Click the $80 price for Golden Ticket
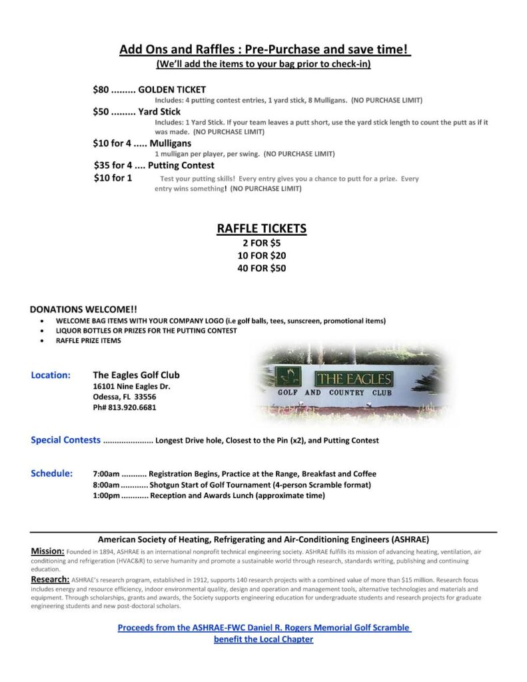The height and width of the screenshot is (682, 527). pyautogui.click(x=100, y=89)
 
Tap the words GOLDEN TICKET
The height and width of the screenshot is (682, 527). pyautogui.click(x=172, y=89)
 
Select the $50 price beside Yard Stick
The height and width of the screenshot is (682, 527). pyautogui.click(x=100, y=111)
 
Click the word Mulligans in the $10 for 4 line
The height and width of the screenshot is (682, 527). pyautogui.click(x=170, y=143)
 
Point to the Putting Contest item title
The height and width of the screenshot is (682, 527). pyautogui.click(x=181, y=165)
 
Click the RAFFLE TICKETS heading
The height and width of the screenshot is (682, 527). pyautogui.click(x=261, y=228)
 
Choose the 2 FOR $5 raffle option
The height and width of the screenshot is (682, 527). pyautogui.click(x=261, y=243)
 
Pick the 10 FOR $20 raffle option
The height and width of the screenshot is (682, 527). pyautogui.click(x=261, y=256)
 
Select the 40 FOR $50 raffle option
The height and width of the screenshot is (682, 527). pyautogui.click(x=261, y=268)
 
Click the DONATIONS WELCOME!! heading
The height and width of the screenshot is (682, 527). pyautogui.click(x=83, y=309)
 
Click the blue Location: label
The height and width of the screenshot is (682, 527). pyautogui.click(x=51, y=375)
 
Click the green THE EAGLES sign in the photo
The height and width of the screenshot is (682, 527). pyautogui.click(x=353, y=379)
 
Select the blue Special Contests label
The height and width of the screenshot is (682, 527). pyautogui.click(x=65, y=440)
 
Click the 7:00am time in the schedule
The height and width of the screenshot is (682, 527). pyautogui.click(x=106, y=474)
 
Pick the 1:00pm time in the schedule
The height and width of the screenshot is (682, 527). pyautogui.click(x=106, y=495)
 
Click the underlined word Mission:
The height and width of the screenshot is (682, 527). pyautogui.click(x=48, y=551)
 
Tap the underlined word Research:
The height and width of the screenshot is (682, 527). pyautogui.click(x=50, y=579)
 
